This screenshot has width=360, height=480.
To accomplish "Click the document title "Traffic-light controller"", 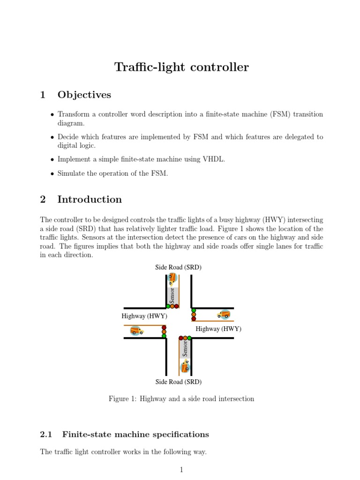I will tap(181, 67).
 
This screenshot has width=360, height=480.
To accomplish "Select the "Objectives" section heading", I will tap(84, 95).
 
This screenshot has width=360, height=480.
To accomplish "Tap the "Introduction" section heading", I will tap(89, 200).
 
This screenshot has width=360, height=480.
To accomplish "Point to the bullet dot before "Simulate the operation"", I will tap(52, 174).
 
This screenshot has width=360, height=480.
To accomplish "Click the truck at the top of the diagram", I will tap(172, 279).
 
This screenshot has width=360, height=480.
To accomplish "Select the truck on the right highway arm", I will tap(224, 314).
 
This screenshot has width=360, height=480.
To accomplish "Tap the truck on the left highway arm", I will tap(136, 331).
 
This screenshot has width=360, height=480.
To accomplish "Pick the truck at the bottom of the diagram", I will tap(185, 366).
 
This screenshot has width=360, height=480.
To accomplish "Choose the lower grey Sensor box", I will tap(185, 348).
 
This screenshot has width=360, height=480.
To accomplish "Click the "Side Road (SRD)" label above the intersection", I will tap(179, 267).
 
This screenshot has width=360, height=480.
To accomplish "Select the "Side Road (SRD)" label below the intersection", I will tap(179, 382).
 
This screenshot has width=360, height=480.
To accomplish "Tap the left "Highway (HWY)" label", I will tap(144, 316).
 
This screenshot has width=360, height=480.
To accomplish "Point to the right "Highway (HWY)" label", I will tap(218, 329).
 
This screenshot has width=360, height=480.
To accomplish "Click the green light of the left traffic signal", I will tap(164, 336).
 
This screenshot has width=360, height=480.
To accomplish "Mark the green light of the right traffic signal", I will tap(194, 310).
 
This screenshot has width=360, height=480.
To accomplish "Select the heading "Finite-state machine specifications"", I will tap(135, 435).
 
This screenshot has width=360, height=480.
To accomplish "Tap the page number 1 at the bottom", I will tap(181, 470).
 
